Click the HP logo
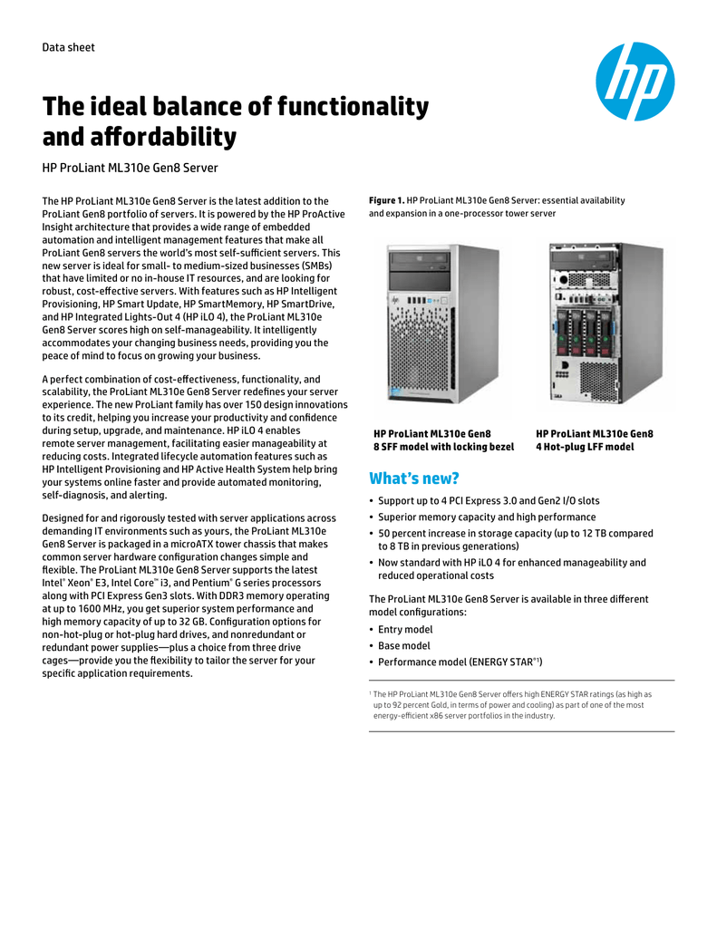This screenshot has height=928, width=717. [x=635, y=81]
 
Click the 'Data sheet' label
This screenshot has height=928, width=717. [x=68, y=47]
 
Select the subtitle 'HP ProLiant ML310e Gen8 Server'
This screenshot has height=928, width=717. [x=130, y=168]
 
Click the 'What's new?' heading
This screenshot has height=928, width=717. [x=413, y=478]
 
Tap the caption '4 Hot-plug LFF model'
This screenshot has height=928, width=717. [x=585, y=447]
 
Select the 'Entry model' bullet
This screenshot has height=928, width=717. [x=405, y=629]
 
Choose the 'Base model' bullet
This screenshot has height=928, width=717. [x=404, y=645]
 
